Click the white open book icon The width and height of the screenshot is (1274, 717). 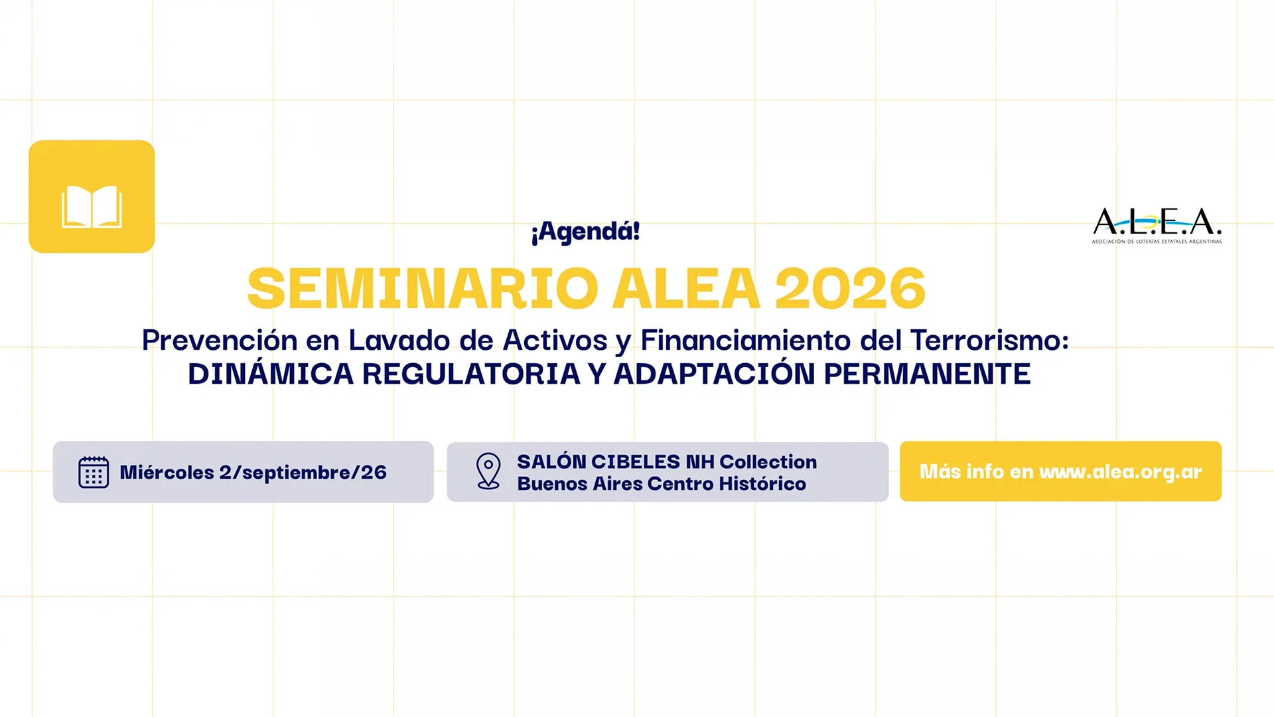tap(92, 206)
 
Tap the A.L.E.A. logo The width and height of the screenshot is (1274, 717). tap(1157, 225)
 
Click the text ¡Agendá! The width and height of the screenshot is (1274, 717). tap(585, 232)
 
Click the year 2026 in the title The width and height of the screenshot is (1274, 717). tap(850, 288)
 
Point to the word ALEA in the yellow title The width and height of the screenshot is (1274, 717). tap(686, 288)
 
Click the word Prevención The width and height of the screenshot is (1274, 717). tap(220, 340)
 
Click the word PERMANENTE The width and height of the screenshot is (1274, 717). tap(927, 374)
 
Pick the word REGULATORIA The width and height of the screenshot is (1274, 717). tap(471, 374)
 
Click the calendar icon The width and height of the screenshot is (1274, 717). tap(94, 472)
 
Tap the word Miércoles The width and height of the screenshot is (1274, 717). tap(167, 472)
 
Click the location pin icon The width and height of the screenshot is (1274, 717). tap(488, 471)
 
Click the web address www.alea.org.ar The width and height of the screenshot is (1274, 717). tap(1121, 471)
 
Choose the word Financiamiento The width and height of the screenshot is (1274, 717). tap(746, 340)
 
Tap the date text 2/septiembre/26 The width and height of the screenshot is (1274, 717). tap(303, 473)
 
